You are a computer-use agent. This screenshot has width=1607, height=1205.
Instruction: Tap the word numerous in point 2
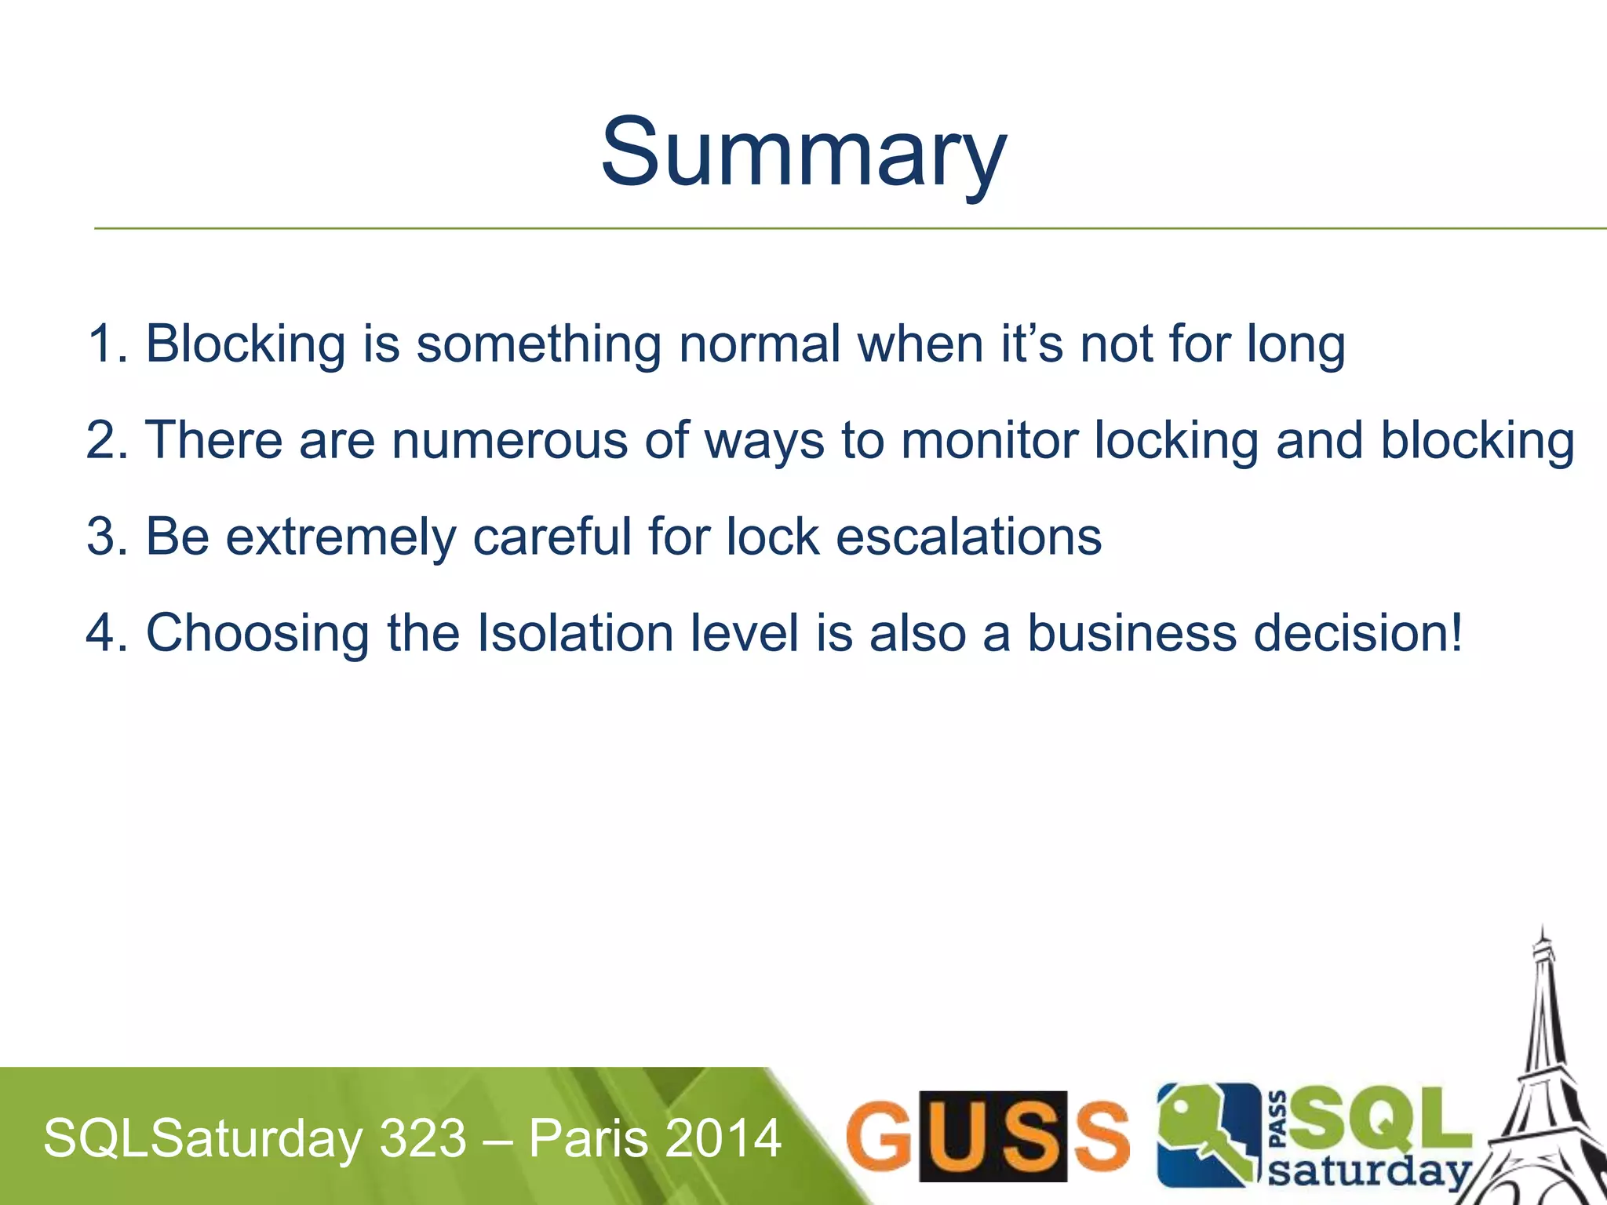[509, 440]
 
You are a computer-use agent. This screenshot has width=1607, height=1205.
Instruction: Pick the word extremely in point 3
[341, 537]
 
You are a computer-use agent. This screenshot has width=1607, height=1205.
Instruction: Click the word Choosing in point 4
[257, 634]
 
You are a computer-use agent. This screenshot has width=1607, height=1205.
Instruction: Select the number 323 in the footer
[423, 1138]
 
